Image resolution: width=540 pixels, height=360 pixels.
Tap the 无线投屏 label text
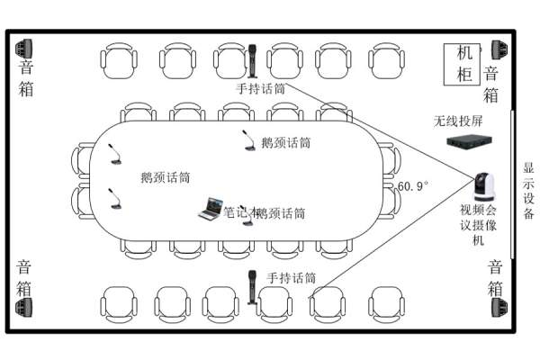tap(458, 121)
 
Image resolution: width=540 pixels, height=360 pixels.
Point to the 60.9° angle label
tap(413, 186)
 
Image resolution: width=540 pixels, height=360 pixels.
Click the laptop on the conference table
tap(211, 210)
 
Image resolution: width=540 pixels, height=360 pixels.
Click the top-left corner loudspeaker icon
tap(24, 47)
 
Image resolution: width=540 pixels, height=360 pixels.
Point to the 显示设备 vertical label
tap(528, 191)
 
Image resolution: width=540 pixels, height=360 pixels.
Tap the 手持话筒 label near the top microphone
tap(261, 89)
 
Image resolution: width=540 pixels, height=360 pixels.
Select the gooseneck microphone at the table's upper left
tap(114, 155)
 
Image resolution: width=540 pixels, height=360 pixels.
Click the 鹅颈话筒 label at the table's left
tap(166, 177)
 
